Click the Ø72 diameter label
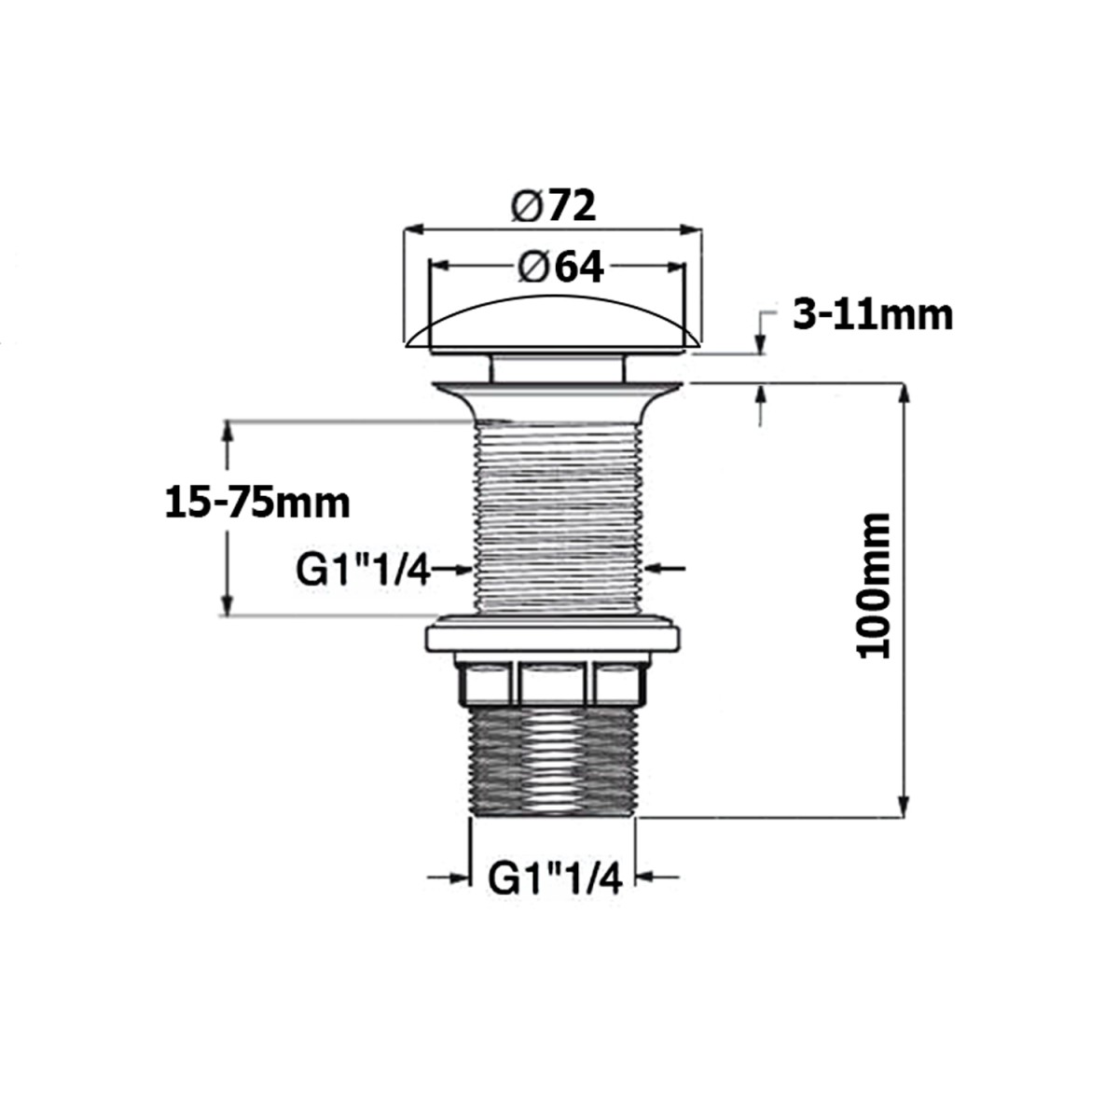pyautogui.click(x=553, y=205)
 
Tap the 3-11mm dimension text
pyautogui.click(x=873, y=315)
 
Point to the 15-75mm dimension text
pyautogui.click(x=257, y=504)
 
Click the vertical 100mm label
pyautogui.click(x=875, y=585)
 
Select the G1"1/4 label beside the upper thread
pyautogui.click(x=363, y=570)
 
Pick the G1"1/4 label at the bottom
pyautogui.click(x=555, y=877)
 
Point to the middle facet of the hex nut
pyautogui.click(x=554, y=683)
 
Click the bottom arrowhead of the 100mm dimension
pyautogui.click(x=902, y=808)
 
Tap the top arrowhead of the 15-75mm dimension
pyautogui.click(x=226, y=432)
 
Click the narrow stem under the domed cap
pyautogui.click(x=556, y=367)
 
